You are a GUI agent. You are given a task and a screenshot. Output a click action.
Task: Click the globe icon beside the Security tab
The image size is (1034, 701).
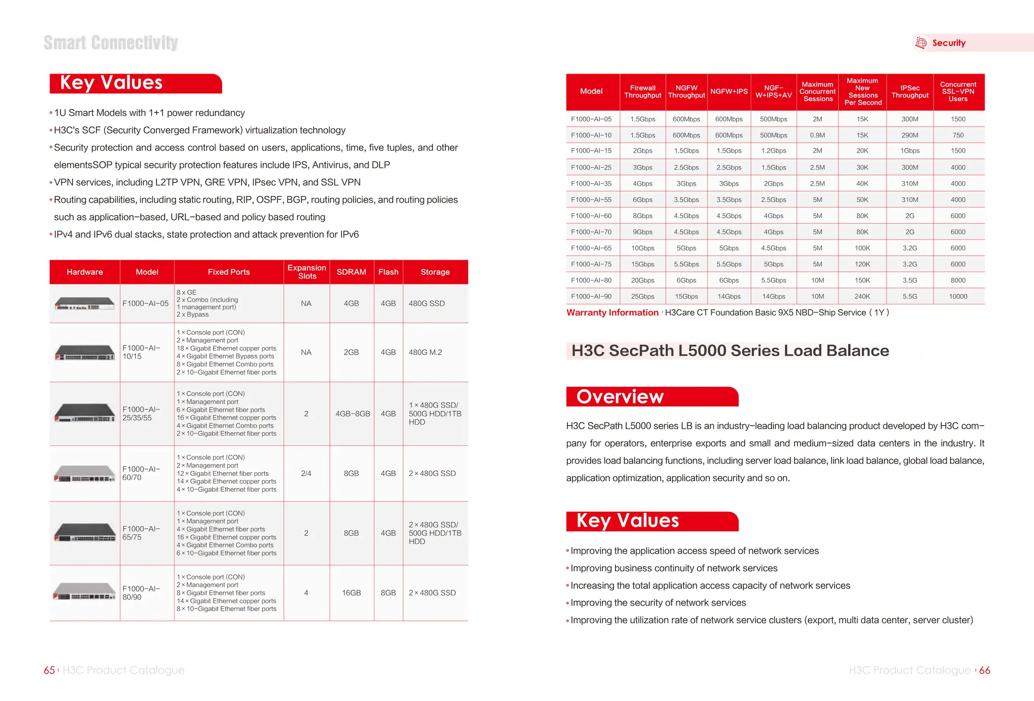pos(921,43)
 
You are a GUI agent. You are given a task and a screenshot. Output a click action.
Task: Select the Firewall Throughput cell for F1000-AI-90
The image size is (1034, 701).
pos(642,297)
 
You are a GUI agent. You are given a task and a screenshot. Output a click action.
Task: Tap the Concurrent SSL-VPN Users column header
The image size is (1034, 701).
pos(958,92)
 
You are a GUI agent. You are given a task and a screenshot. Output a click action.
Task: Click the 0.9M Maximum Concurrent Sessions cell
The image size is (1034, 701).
pos(817,135)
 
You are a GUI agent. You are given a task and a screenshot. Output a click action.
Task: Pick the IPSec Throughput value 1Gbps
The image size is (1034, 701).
pos(910,151)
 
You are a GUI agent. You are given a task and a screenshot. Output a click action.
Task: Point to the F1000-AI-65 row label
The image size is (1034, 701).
pos(591,248)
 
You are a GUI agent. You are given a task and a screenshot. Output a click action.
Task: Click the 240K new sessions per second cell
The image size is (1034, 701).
pos(862,297)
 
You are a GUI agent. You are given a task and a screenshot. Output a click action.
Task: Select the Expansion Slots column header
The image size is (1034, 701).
pos(306,272)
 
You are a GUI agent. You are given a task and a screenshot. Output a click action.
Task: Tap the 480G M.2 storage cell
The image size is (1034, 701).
pos(425,353)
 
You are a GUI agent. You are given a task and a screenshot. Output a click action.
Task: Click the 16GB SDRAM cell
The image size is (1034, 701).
pos(351,593)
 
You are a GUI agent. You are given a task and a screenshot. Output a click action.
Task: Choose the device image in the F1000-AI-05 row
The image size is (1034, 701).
pos(84,304)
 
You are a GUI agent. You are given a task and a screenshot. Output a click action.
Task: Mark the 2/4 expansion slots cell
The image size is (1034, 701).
pos(306,474)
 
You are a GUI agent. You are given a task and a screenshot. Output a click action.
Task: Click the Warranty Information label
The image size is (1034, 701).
pos(612,313)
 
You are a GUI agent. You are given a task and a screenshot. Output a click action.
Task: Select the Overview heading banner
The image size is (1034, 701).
pos(651,397)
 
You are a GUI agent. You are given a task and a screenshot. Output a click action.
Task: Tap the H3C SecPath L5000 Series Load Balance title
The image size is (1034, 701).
pos(730,350)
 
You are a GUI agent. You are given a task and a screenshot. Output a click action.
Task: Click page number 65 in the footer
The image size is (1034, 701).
pos(49,670)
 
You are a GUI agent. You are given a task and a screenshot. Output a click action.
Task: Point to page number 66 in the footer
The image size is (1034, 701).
pos(985,670)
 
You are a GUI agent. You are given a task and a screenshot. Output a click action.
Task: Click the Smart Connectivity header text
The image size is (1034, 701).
pos(111,43)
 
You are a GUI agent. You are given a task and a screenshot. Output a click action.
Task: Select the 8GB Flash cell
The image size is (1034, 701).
pos(388,593)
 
